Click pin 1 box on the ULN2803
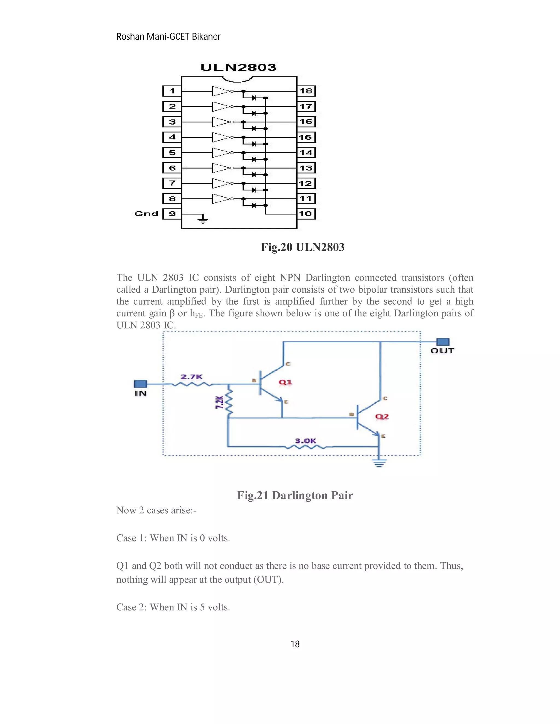pos(172,91)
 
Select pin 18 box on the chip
pos(306,91)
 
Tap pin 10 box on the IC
pos(305,214)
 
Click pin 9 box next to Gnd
pos(172,214)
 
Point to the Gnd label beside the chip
pos(146,214)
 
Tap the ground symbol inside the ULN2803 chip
pos(202,219)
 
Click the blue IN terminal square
pos(140,384)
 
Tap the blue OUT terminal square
pos(443,342)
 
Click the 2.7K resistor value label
pos(191,376)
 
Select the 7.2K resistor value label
pos(219,402)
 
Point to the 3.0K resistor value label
pos(305,441)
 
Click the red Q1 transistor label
pos(285,382)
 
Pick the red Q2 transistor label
pos(382,416)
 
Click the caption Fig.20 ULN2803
pos(303,247)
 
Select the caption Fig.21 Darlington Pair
pos(295,495)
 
